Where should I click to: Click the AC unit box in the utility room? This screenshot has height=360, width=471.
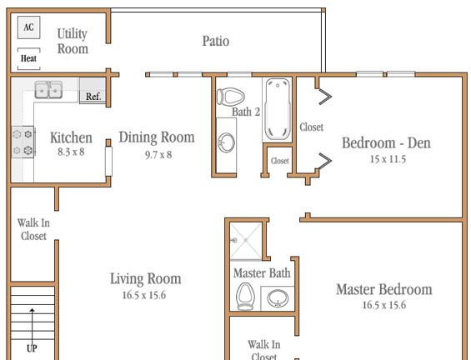(x=29, y=27)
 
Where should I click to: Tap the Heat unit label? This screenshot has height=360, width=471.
(x=28, y=58)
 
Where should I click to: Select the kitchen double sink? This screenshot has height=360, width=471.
(x=48, y=89)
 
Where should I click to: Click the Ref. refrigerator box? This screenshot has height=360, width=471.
(x=93, y=91)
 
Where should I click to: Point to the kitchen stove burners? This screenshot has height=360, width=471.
(x=23, y=142)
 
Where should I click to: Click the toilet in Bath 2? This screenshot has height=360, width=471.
(x=230, y=97)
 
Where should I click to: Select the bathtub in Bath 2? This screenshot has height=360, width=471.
(x=278, y=109)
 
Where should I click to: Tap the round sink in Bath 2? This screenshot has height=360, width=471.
(x=226, y=142)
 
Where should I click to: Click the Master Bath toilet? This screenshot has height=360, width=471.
(x=245, y=297)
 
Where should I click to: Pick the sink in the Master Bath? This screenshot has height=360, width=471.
(x=278, y=298)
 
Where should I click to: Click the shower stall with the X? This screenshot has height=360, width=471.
(x=246, y=241)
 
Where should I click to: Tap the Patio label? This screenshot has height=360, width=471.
(x=216, y=41)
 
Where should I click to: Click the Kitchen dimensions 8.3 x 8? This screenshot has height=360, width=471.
(x=71, y=152)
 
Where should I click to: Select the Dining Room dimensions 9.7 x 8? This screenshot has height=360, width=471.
(x=158, y=155)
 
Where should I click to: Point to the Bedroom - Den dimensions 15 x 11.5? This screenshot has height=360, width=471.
(x=388, y=159)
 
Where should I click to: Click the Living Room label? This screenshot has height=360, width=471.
(x=146, y=279)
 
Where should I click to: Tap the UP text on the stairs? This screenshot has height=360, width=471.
(x=33, y=348)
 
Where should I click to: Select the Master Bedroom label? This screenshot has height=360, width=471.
(x=384, y=289)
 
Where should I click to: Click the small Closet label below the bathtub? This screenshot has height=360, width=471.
(x=279, y=161)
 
